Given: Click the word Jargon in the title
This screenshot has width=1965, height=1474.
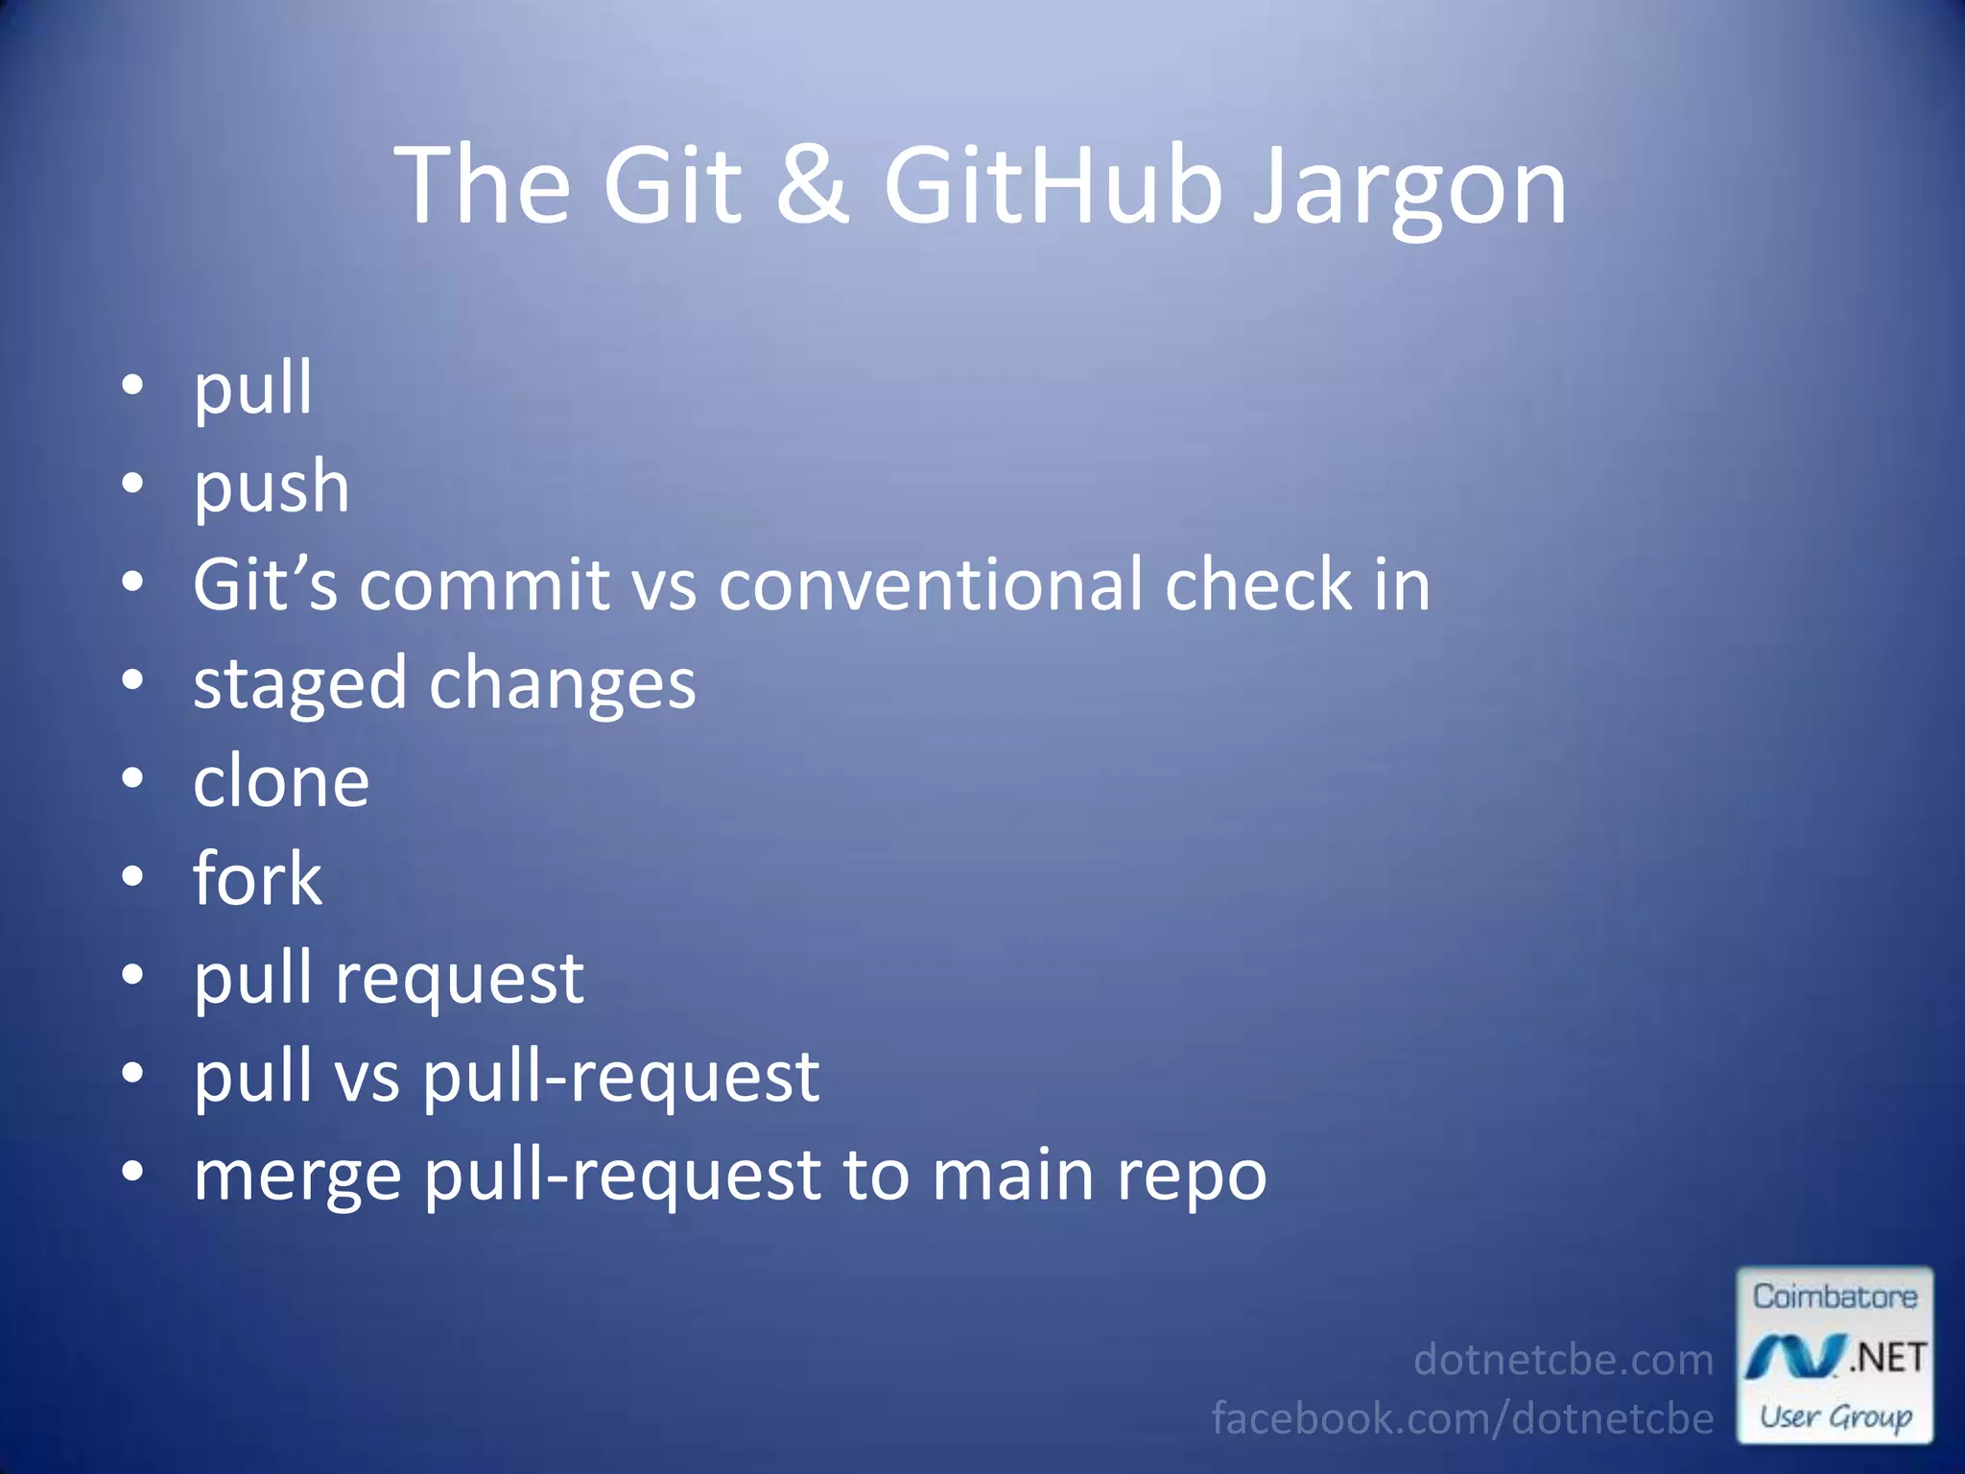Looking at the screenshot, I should tap(1410, 187).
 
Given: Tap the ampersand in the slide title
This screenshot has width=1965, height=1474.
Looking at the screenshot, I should tap(812, 184).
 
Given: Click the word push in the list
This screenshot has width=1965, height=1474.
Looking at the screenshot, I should tap(272, 487).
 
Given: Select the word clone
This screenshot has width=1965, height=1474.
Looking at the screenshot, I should tap(281, 782).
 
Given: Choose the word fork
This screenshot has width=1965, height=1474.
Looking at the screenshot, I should tap(257, 879).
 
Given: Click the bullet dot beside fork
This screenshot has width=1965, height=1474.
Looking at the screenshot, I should tap(133, 877).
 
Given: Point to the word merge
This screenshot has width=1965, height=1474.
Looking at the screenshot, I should tap(297, 1177).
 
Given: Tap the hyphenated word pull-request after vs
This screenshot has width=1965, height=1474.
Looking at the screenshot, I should tap(622, 1078).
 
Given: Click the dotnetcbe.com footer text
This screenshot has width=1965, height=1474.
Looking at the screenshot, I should tap(1563, 1360).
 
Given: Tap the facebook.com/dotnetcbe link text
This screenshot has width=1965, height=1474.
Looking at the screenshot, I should tap(1462, 1418).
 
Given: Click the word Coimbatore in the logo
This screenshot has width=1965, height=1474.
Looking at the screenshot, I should tap(1835, 1297).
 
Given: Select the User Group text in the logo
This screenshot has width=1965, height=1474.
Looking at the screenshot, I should tap(1835, 1416).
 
